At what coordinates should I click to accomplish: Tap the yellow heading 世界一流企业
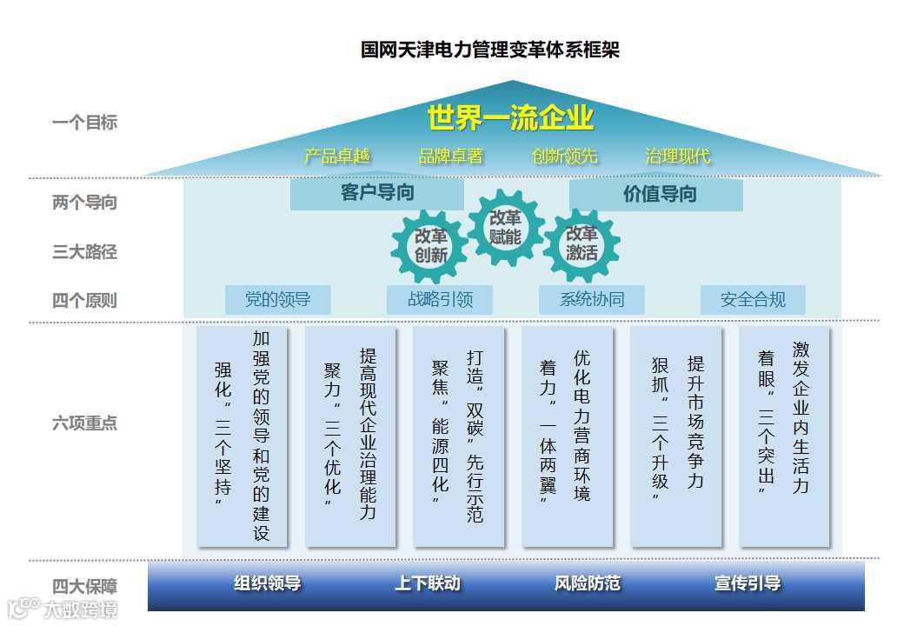510,117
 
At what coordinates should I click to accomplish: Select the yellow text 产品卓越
337,156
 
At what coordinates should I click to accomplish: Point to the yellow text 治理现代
677,156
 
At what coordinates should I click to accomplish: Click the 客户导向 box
376,194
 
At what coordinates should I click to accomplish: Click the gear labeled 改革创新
430,245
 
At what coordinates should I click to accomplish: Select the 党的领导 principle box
277,300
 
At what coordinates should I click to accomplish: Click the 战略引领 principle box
440,300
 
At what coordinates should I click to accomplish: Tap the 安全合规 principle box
753,300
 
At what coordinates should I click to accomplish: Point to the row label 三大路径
84,252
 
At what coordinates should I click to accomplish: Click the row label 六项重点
84,423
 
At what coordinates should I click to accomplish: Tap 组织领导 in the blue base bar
267,583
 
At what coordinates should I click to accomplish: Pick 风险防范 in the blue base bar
588,583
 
